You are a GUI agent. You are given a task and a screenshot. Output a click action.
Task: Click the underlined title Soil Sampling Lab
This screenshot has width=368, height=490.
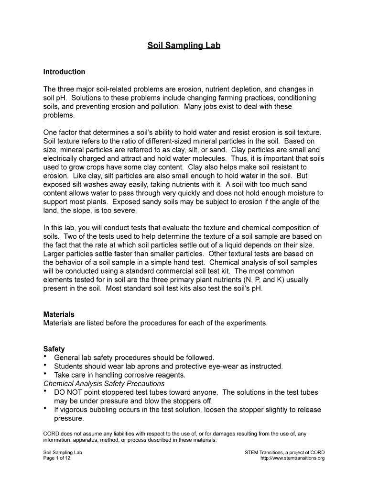pos(184,46)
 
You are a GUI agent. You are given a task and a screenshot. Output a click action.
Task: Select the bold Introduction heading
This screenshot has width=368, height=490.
pos(64,72)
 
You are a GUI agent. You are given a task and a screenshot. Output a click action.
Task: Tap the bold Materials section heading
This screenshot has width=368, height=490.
pos(59,314)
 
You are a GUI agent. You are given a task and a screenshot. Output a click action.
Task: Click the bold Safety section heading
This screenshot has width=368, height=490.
pos(54,349)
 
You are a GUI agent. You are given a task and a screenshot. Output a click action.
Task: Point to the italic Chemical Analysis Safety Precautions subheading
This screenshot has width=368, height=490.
pos(104,384)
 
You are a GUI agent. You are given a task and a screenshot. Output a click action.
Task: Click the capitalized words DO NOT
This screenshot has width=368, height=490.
pos(69,392)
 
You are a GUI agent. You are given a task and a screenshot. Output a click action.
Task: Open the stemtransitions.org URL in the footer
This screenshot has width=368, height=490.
pos(292,458)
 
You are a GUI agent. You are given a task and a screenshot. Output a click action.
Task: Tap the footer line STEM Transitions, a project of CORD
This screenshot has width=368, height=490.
pos(284,452)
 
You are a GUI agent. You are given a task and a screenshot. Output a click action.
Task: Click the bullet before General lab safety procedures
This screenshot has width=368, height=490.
pos(45,357)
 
